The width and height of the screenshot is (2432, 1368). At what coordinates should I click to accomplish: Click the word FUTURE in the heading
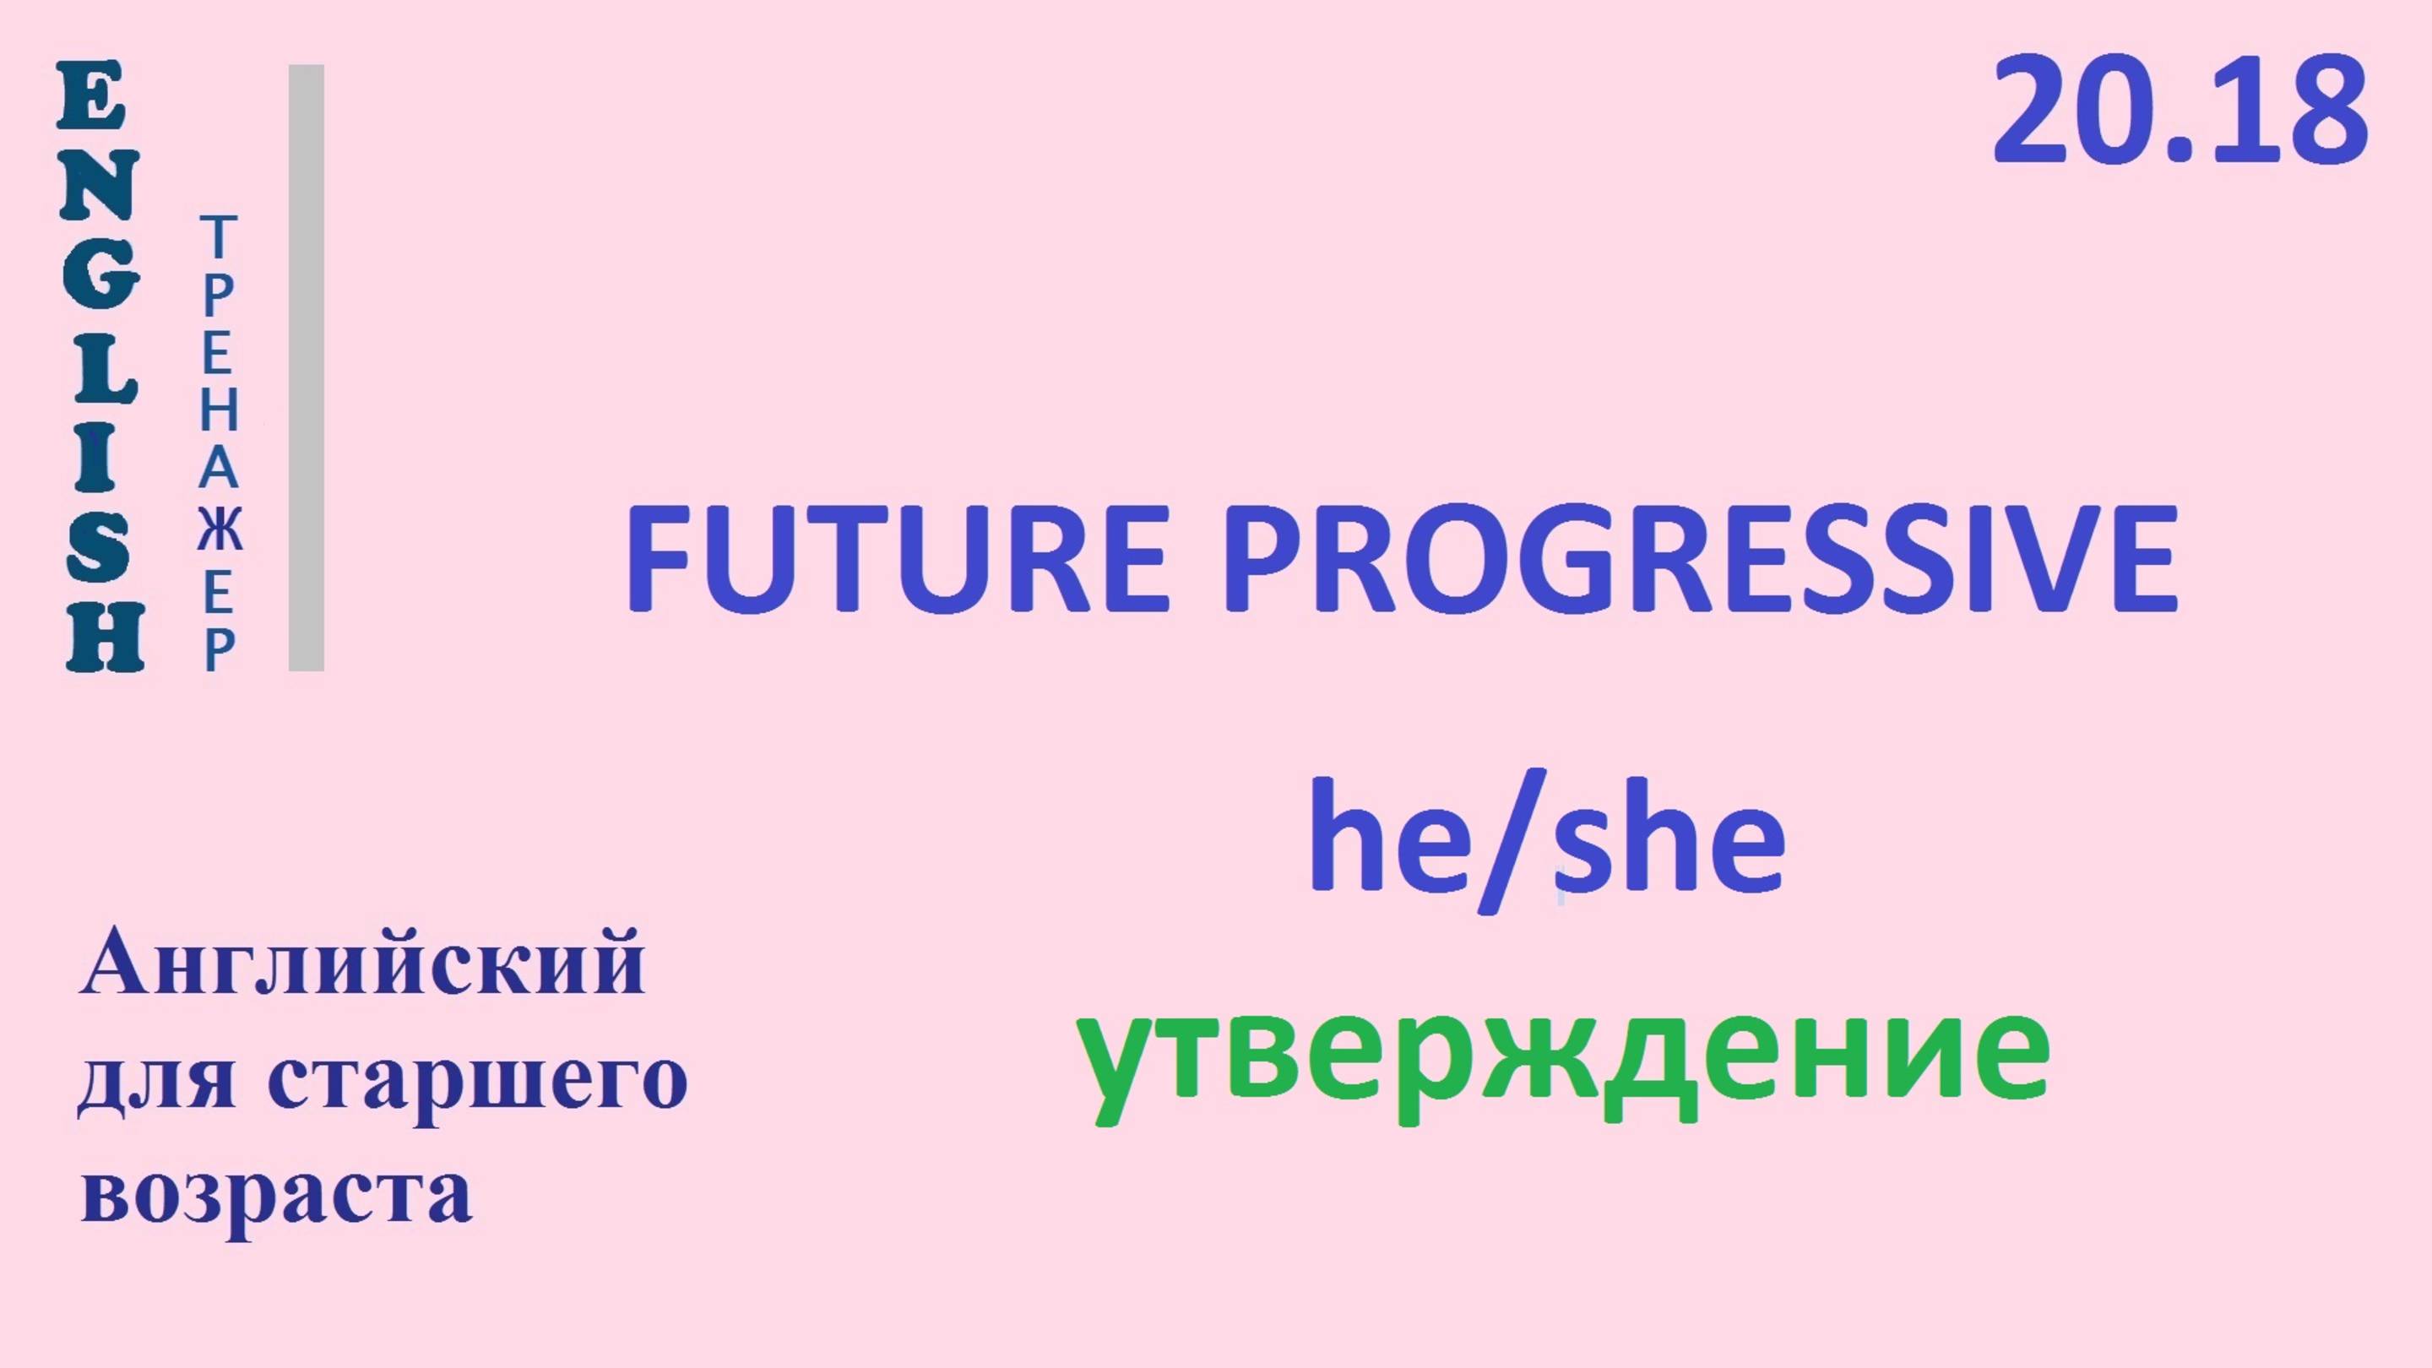click(x=897, y=559)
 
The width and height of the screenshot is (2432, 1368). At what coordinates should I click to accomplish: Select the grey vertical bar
click(x=306, y=367)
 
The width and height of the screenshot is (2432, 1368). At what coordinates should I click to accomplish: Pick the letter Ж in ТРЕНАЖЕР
click(x=219, y=531)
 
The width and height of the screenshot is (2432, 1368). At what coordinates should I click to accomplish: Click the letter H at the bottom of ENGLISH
click(x=104, y=638)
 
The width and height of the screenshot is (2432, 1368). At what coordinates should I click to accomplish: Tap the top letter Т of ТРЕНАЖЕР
click(x=218, y=237)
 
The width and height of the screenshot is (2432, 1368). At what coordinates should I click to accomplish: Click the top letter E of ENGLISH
click(x=91, y=96)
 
